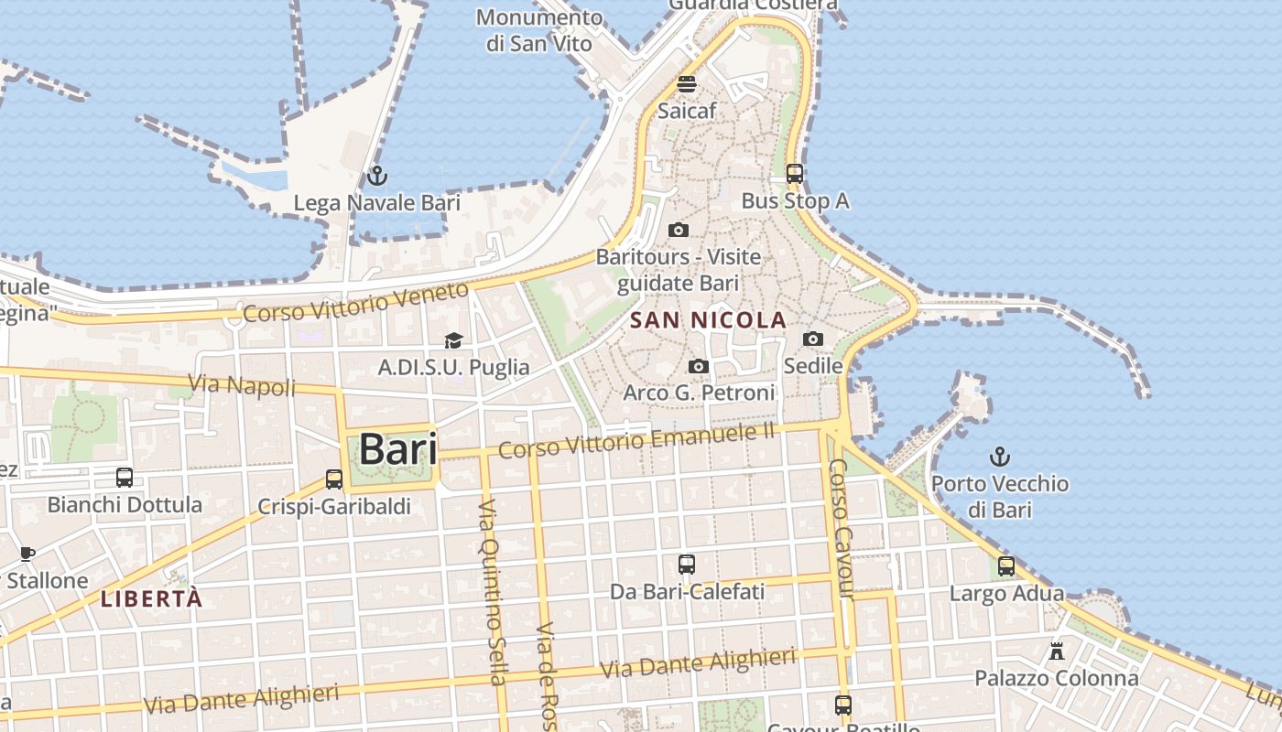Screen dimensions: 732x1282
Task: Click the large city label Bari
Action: pos(397,449)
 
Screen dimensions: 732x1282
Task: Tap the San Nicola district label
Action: pos(709,320)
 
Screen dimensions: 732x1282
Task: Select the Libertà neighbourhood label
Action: pos(151,599)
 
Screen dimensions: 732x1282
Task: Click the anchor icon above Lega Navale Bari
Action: pos(376,175)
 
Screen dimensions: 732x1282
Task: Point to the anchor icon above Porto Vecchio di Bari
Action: pos(1000,456)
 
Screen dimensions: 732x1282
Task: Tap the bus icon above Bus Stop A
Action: pos(795,173)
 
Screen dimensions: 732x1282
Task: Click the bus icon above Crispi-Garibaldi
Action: pos(334,479)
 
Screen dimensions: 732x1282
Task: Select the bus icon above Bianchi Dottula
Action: pos(125,477)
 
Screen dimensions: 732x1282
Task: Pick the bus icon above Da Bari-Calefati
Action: pos(687,565)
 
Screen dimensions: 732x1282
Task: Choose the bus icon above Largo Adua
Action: pos(1006,566)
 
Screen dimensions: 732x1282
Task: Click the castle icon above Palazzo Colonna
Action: pos(1057,651)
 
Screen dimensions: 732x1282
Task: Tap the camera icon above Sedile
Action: pos(812,339)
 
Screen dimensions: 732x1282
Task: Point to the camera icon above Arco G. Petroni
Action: pos(699,366)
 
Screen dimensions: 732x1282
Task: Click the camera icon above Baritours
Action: pos(679,230)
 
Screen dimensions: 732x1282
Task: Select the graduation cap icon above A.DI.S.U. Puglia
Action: pos(453,340)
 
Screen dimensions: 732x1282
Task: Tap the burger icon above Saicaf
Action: pos(687,84)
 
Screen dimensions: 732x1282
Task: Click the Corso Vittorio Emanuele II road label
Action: pos(636,440)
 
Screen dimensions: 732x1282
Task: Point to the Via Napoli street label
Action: pos(242,384)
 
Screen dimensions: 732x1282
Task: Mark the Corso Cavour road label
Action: pos(841,529)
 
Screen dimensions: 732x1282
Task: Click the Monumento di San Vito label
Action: pos(539,30)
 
